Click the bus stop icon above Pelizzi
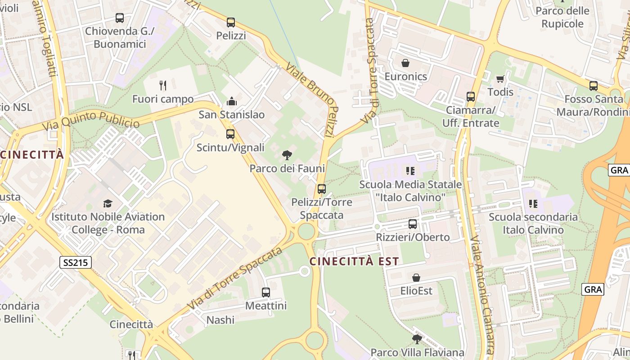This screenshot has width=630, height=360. point(231,22)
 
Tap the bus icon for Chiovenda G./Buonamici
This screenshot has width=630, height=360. point(119,18)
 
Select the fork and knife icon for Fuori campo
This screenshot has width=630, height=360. point(163,85)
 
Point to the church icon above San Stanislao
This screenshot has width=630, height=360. point(232,101)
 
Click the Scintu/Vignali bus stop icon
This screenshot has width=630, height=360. point(230,134)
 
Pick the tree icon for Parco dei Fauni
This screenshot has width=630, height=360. point(287,156)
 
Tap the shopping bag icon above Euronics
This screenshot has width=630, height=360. point(405,63)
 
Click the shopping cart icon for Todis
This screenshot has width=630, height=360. point(500,79)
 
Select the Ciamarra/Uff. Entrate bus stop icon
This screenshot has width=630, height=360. point(471,97)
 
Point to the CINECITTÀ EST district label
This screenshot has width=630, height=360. point(354,261)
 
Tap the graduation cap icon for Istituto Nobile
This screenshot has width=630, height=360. point(108,203)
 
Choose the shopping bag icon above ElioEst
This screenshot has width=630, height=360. point(416,277)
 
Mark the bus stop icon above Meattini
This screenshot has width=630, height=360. point(266,292)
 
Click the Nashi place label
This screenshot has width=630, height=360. point(220,320)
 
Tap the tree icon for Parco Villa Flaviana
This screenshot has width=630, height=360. point(417,339)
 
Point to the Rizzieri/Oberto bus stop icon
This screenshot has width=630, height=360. point(413,224)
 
